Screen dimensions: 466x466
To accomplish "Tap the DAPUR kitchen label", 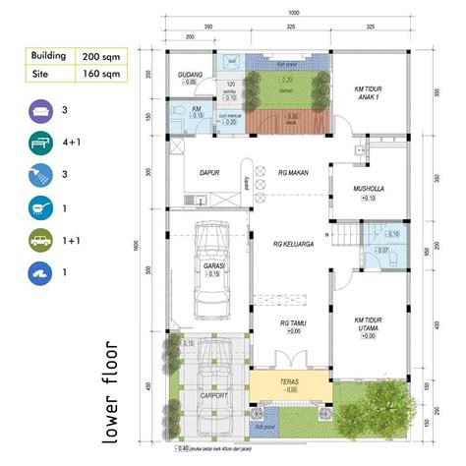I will coord(209,171).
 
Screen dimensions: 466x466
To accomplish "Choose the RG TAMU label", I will coord(292,323).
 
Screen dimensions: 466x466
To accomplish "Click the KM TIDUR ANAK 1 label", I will coord(371,91).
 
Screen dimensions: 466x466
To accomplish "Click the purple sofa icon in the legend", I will coord(42,110).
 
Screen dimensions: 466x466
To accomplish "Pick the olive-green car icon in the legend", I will coord(42,241).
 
